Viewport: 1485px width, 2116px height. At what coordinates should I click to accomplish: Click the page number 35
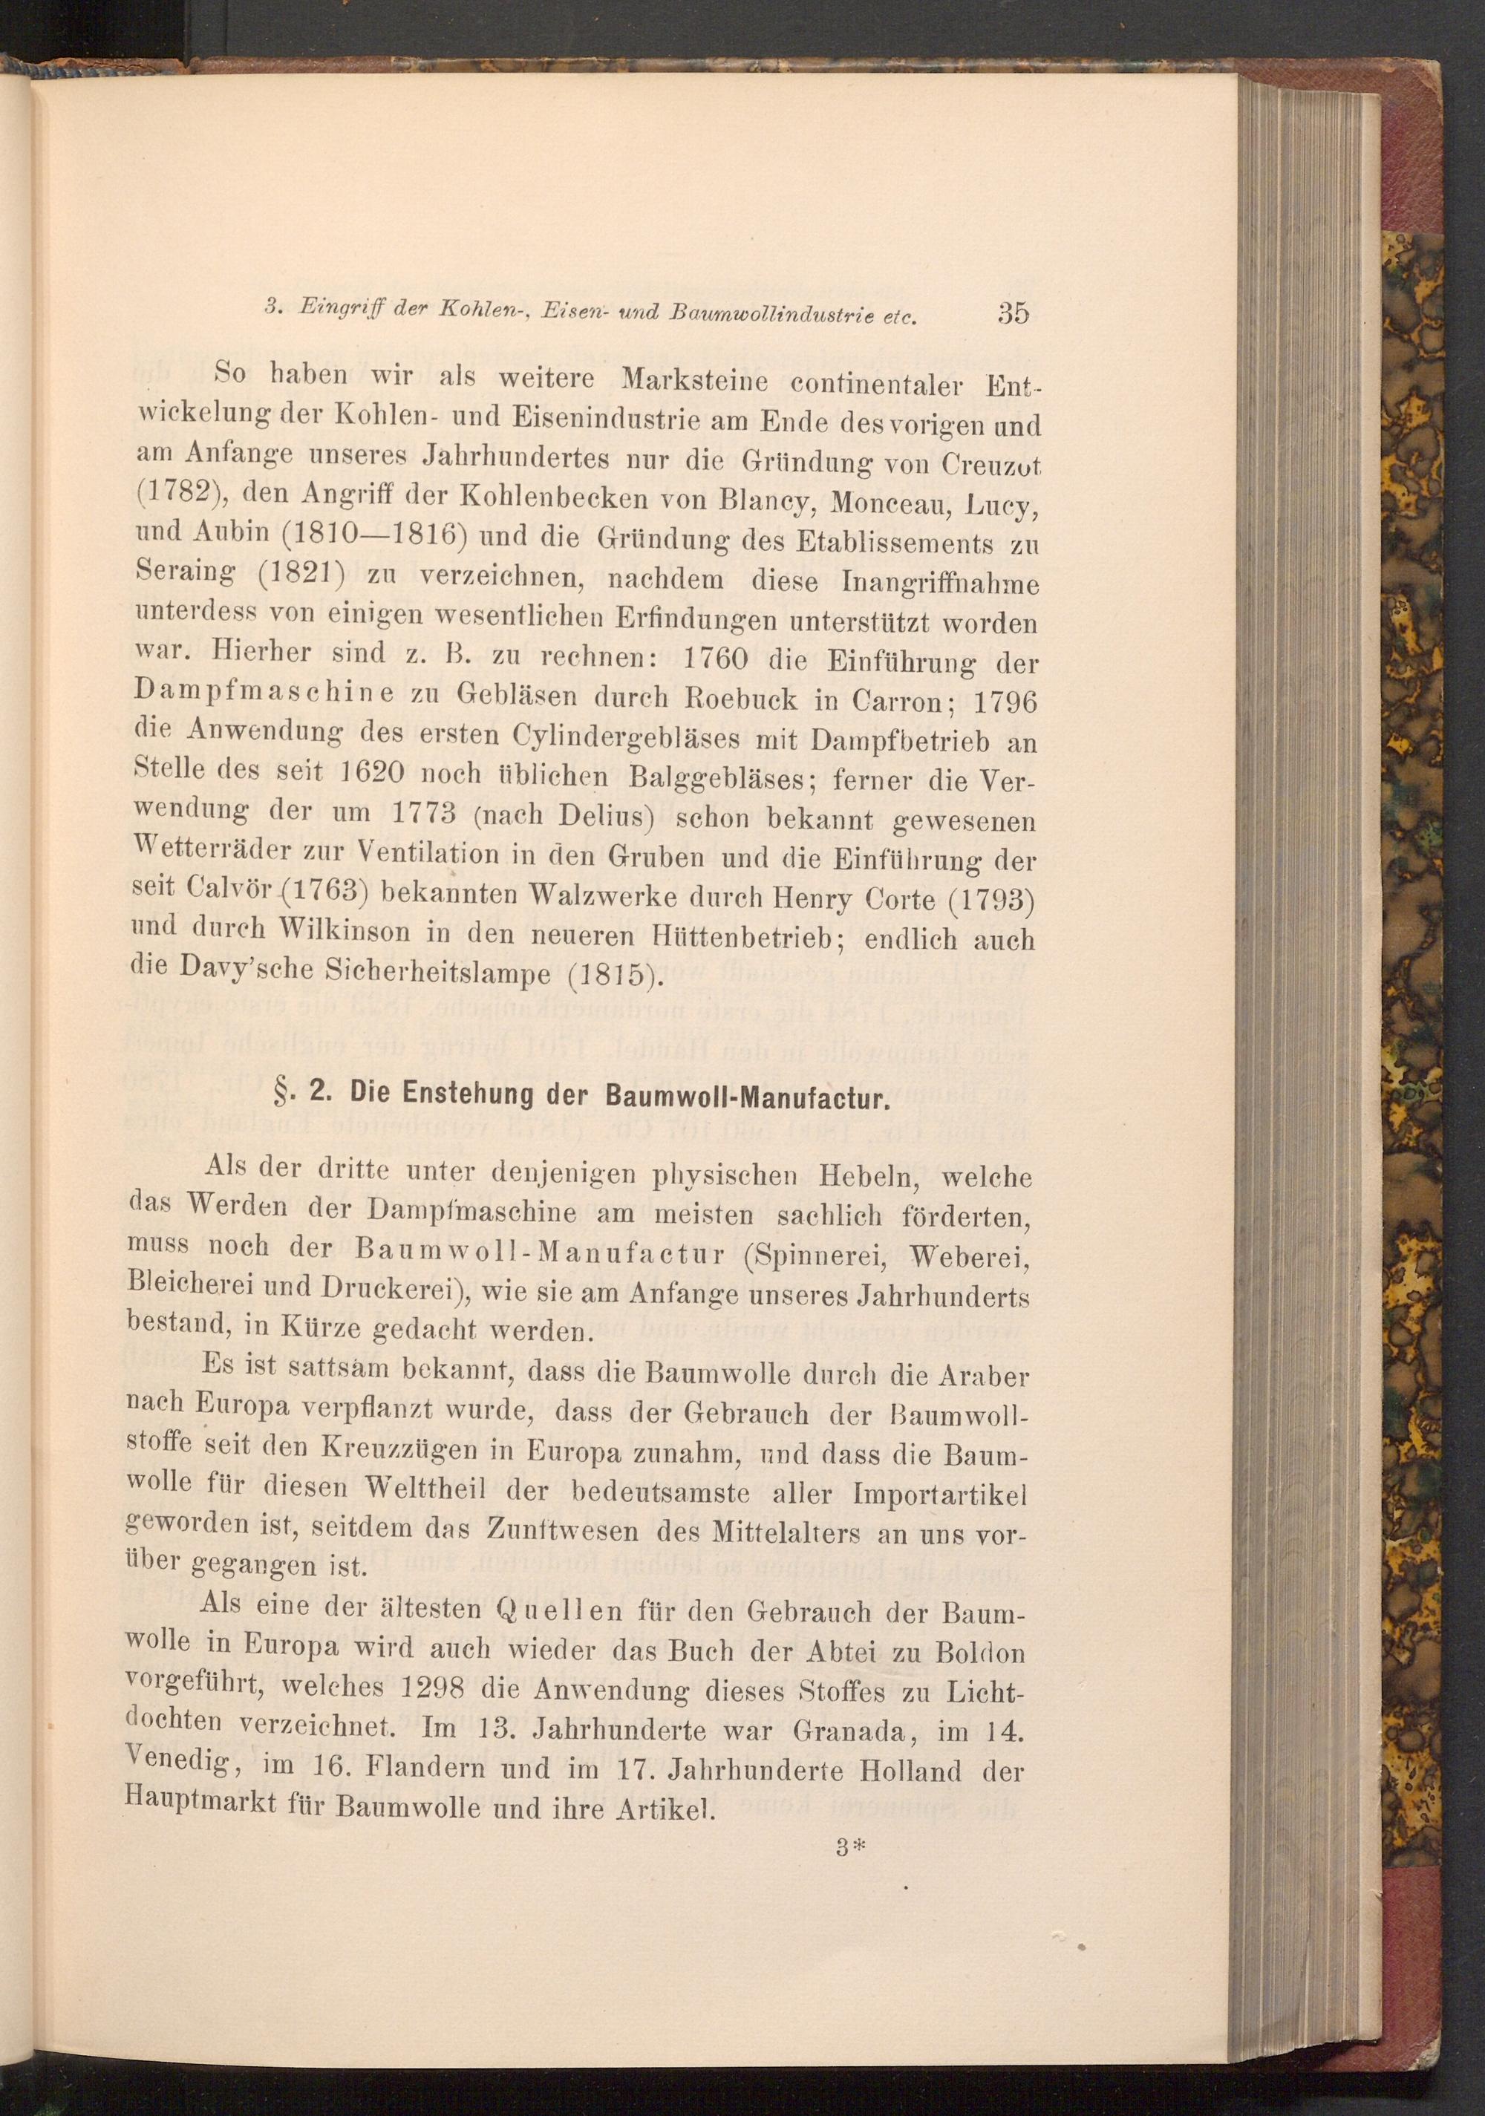1011,313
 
